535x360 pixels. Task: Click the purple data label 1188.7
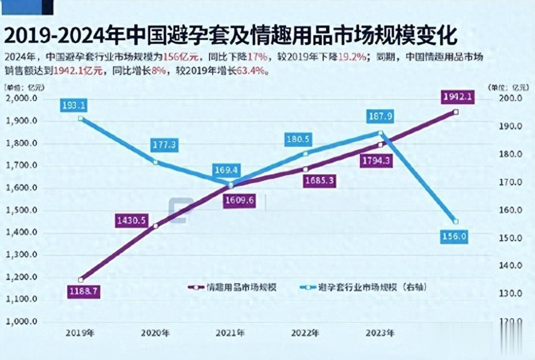click(x=83, y=292)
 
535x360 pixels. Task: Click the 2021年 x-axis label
click(x=230, y=333)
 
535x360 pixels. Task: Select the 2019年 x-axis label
click(x=80, y=333)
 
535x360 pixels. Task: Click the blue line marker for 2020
click(x=155, y=163)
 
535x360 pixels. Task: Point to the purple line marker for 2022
click(x=305, y=169)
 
